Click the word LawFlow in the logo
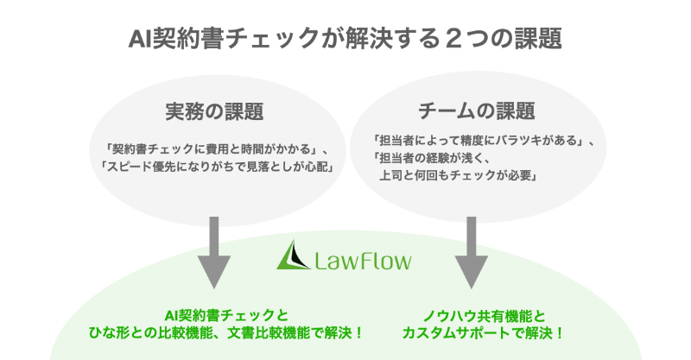pyautogui.click(x=362, y=258)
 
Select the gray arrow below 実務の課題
pyautogui.click(x=213, y=250)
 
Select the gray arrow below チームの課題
pyautogui.click(x=472, y=250)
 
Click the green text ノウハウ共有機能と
pyautogui.click(x=472, y=315)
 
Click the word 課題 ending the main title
pyautogui.click(x=537, y=39)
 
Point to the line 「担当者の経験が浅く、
pyautogui.click(x=432, y=158)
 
